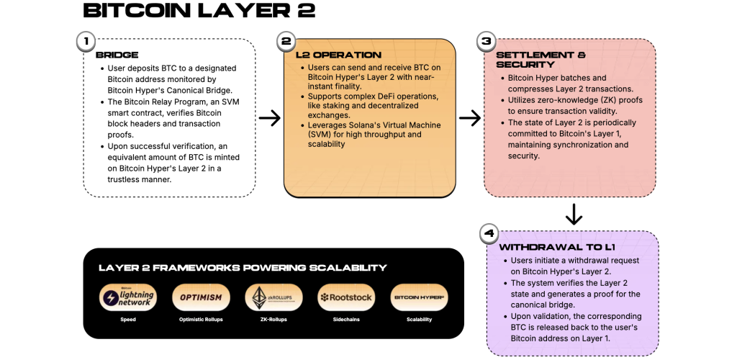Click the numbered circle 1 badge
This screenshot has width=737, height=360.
point(85,42)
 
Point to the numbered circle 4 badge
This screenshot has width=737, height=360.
point(489,234)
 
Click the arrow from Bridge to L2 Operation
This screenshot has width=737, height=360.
point(270,118)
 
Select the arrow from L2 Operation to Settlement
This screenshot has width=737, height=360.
point(470,118)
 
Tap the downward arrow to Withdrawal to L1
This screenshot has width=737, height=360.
point(574,214)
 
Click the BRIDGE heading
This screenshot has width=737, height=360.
point(117,55)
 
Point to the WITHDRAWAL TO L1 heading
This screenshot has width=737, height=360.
point(545,247)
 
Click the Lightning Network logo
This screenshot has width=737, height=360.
point(127,297)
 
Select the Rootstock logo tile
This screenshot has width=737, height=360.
point(345,297)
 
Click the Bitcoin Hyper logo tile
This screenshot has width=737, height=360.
point(419,297)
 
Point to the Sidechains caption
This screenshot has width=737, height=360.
point(345,319)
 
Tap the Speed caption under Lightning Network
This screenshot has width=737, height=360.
point(127,319)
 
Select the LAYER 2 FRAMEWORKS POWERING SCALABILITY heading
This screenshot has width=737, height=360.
point(243,268)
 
